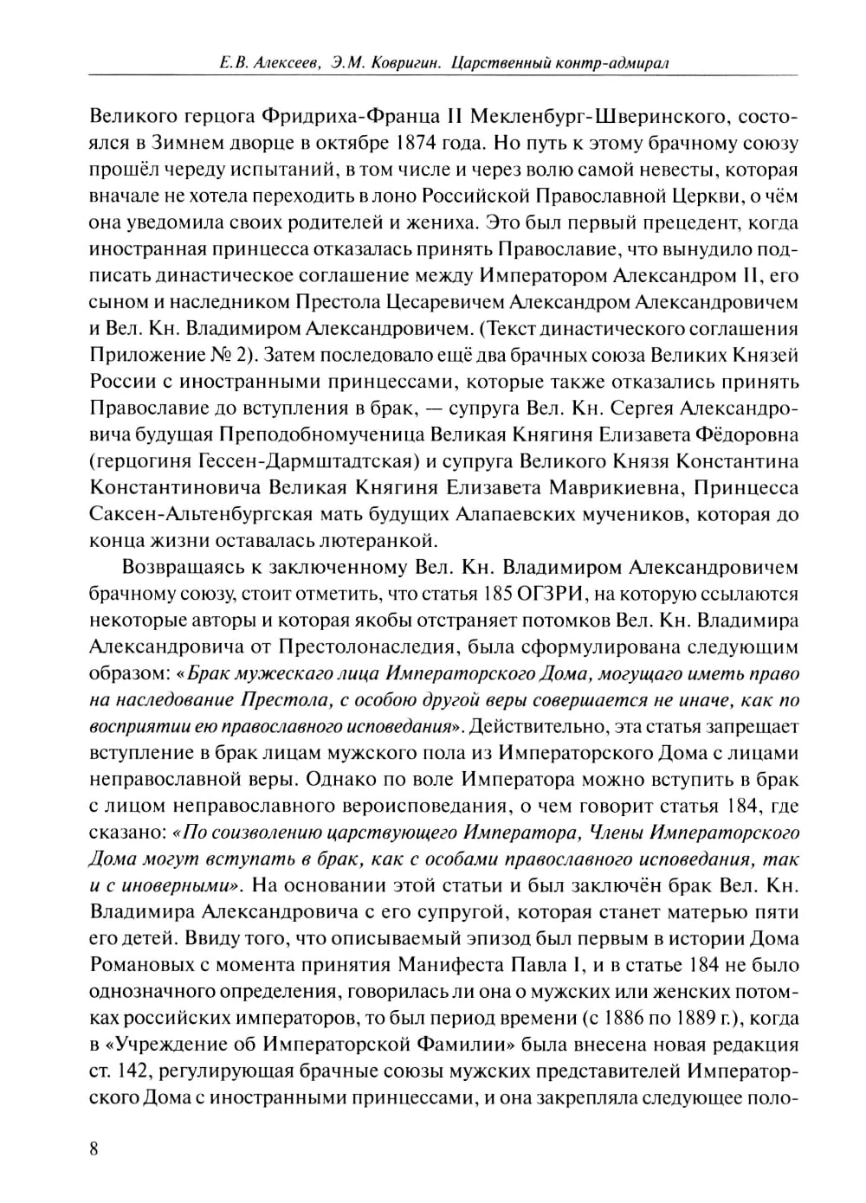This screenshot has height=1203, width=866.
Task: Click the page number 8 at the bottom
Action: click(94, 1148)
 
